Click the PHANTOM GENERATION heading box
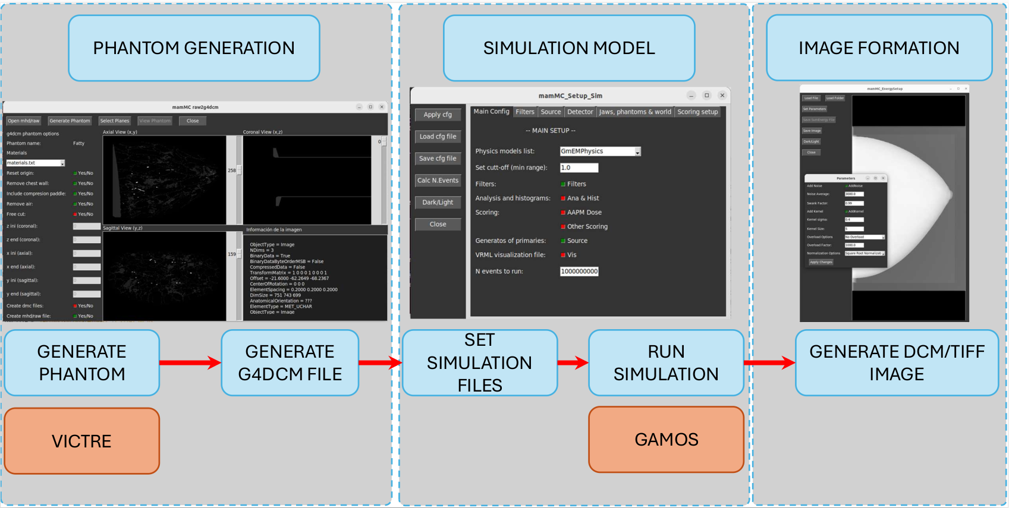(194, 48)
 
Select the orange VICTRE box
(82, 441)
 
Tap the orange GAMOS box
(666, 440)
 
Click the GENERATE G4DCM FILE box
(290, 363)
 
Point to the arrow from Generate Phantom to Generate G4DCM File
(190, 362)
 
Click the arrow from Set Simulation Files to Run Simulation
(573, 362)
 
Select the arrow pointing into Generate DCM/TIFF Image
(769, 362)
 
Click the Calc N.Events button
(438, 181)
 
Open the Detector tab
(580, 112)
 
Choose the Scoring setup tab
(697, 112)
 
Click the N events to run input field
(579, 272)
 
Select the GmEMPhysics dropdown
(600, 152)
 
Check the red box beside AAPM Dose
(563, 213)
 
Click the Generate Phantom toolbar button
(70, 121)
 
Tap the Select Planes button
(115, 121)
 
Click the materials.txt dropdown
(35, 163)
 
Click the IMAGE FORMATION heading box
(878, 48)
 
